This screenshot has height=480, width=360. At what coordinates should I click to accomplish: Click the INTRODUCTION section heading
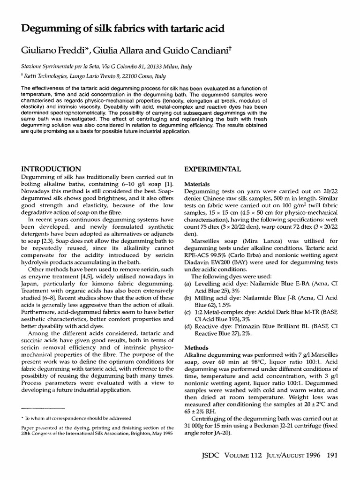52,169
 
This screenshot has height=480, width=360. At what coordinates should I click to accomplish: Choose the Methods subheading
196,349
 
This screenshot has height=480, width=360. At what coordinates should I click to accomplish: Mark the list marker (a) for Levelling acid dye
188,285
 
